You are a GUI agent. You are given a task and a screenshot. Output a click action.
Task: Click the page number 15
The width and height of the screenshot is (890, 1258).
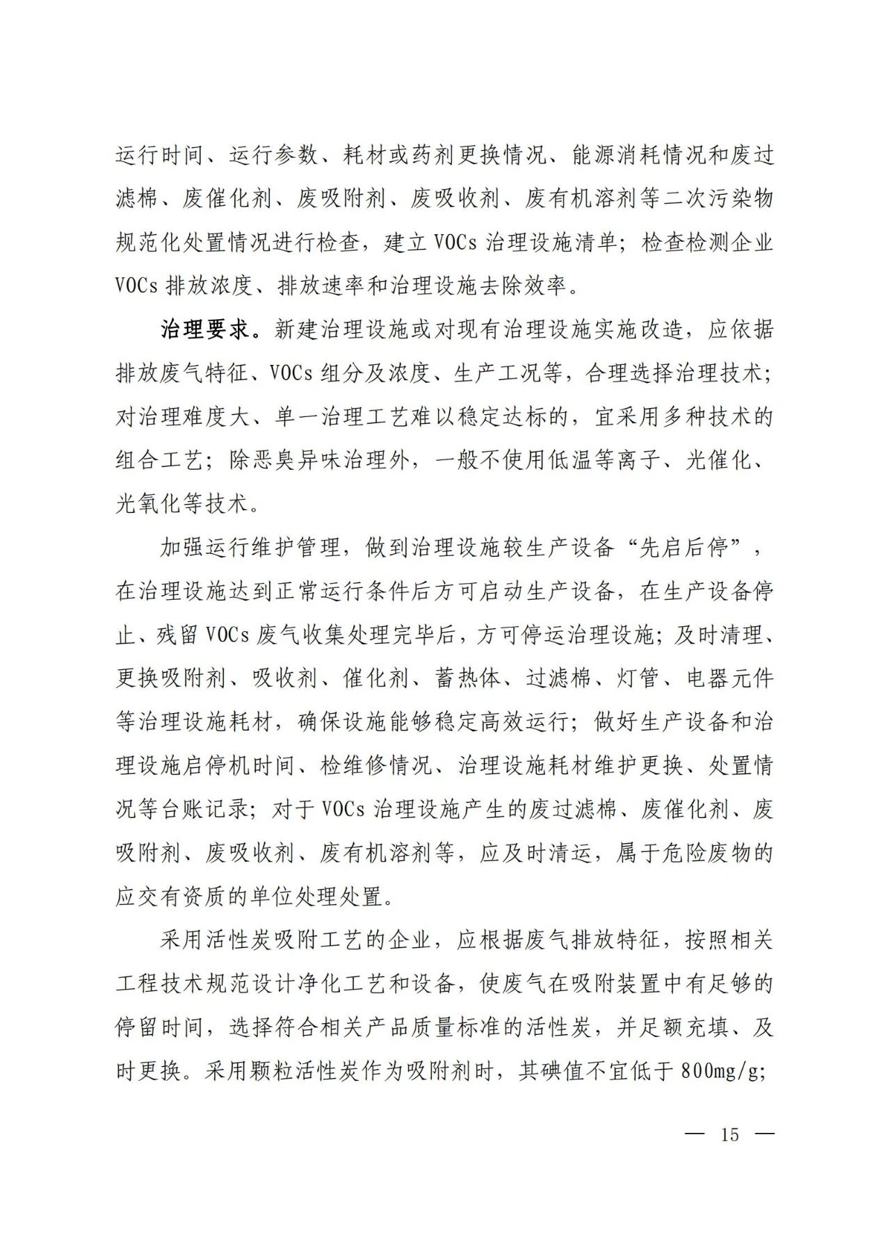(729, 1135)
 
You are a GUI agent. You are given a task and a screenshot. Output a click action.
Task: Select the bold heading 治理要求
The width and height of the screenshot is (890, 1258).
(206, 329)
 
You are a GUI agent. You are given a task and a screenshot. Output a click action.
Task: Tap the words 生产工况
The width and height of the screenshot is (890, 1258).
(498, 373)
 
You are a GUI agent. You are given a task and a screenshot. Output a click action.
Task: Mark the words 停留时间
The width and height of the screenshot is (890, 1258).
(160, 1028)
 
